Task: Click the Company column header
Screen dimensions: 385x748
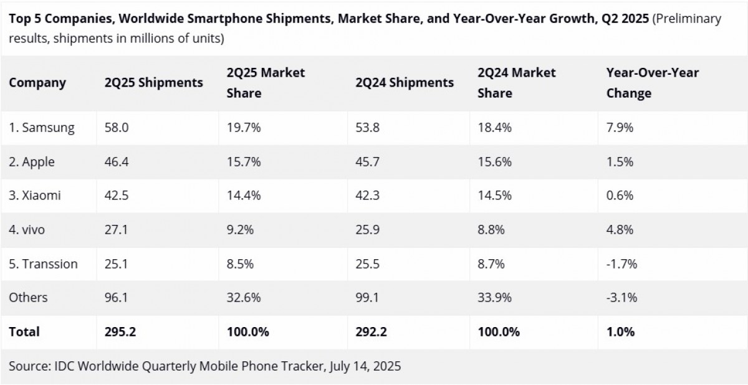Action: coord(37,83)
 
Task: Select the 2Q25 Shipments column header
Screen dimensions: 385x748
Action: coord(153,83)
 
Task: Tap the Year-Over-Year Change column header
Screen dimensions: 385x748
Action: coord(652,83)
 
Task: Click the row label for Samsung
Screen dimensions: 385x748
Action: coord(42,128)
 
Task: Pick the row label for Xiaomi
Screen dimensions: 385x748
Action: coord(35,196)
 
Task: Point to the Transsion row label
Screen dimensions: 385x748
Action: coord(43,264)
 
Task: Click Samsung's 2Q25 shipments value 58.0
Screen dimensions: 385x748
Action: coord(117,128)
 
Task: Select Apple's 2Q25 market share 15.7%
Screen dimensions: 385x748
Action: coord(244,162)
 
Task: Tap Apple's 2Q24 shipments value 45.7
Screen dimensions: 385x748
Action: coord(368,162)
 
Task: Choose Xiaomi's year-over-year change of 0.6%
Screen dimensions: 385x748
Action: coord(620,196)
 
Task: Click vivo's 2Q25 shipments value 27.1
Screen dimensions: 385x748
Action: coord(116,230)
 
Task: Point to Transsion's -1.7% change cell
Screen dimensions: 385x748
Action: coord(621,264)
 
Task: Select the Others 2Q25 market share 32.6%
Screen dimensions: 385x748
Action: coord(244,298)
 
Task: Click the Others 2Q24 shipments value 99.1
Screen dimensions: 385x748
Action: coord(368,298)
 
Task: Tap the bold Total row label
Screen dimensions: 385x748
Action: coord(24,332)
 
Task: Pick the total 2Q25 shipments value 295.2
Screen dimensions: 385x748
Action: coord(120,332)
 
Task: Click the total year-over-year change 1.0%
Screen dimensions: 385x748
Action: coord(620,332)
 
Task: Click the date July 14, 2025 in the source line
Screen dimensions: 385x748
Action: coord(363,366)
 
